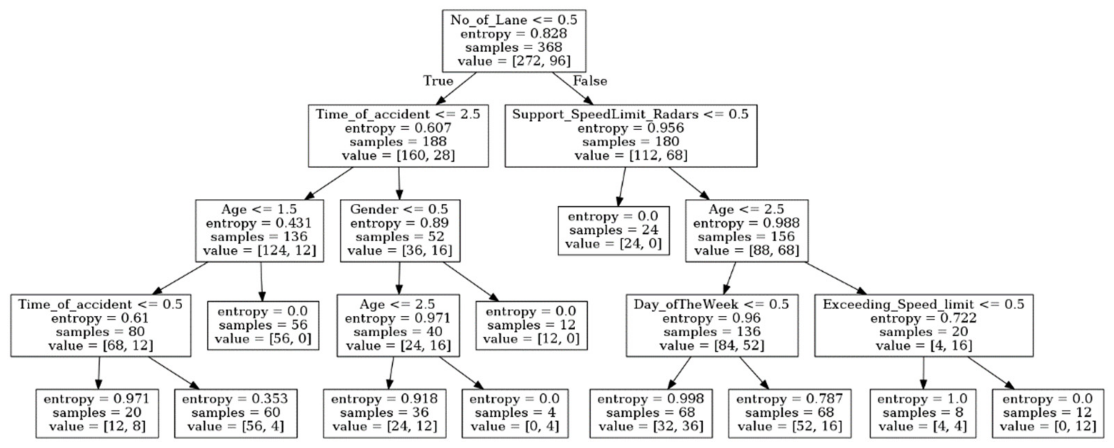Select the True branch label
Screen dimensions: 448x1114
[438, 81]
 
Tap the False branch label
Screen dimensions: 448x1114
[590, 81]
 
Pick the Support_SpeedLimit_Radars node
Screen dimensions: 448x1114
[630, 135]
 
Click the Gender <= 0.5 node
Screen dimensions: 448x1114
[400, 230]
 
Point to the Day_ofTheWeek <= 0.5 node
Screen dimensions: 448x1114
[712, 325]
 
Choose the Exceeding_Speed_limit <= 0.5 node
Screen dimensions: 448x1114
[924, 325]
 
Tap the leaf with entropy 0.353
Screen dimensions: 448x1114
[236, 413]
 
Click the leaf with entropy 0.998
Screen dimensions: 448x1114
[651, 413]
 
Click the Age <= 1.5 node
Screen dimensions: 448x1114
[259, 230]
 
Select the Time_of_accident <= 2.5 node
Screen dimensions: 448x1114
[398, 135]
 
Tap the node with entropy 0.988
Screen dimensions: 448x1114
[747, 230]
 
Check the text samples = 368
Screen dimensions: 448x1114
[514, 47]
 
